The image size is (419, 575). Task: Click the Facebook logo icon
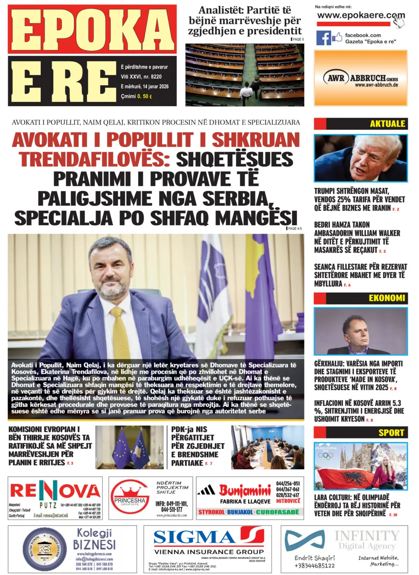click(324, 38)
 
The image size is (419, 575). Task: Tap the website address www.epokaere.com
click(360, 16)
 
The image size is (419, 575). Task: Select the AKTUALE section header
click(387, 124)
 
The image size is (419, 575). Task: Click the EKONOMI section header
click(386, 298)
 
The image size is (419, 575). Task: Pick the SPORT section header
click(391, 433)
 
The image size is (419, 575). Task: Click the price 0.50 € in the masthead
click(144, 97)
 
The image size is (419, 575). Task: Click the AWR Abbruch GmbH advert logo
click(360, 79)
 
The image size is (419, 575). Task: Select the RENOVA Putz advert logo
click(55, 491)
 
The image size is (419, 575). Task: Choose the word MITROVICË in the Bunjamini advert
click(288, 501)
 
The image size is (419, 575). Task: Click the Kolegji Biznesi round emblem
click(44, 549)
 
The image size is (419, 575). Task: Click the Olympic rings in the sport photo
click(325, 456)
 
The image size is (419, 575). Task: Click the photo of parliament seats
click(245, 75)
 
